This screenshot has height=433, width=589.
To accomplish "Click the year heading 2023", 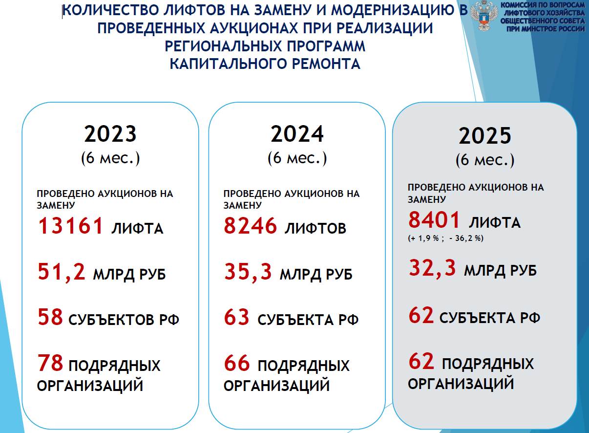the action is point(110,134).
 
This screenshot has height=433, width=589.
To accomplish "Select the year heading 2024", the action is point(297,134).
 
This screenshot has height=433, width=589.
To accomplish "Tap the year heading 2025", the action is point(485,136).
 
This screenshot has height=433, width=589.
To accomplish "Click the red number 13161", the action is point(70,226).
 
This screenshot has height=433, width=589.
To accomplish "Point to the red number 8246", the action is point(251,226).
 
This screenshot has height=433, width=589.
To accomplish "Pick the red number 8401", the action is point(434,219).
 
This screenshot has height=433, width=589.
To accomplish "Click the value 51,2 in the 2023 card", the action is point(62,272).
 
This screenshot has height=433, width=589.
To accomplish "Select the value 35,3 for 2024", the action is point(248,272).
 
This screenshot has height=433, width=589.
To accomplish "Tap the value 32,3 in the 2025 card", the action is point(432,268).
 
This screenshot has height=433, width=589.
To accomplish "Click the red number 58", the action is point(50,317).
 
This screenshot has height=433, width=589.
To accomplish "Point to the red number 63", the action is point(236,317).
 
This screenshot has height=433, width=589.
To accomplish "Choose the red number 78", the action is point(50,363).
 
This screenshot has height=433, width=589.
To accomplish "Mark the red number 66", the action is point(237,363).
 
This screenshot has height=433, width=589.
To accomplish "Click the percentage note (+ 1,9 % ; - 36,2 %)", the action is point(446,238).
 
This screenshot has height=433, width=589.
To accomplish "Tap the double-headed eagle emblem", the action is point(484,16).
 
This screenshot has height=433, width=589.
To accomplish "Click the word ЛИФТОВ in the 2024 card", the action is point(316,228).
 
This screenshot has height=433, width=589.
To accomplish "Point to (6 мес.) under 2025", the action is point(485,160).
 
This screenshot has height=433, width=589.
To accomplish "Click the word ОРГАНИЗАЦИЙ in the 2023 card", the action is point(90,386).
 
